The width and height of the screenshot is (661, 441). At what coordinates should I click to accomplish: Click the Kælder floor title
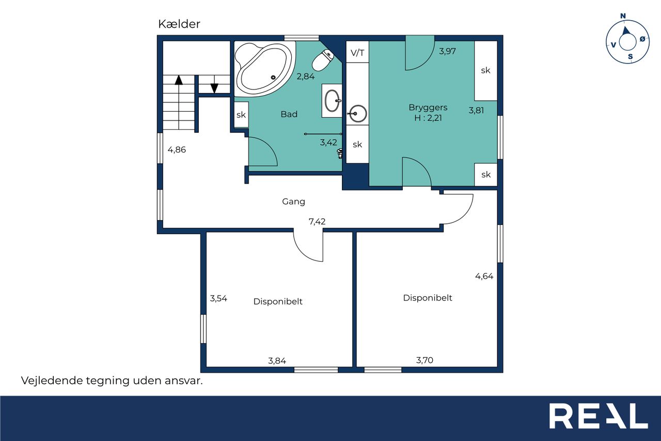pyautogui.click(x=179, y=24)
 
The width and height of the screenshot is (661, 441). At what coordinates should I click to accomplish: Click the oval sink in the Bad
pyautogui.click(x=332, y=101)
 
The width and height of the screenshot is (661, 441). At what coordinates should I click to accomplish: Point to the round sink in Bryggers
pyautogui.click(x=358, y=113)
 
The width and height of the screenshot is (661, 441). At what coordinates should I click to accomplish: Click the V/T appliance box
pyautogui.click(x=357, y=52)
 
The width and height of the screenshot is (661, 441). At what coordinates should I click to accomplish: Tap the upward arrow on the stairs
pyautogui.click(x=179, y=80)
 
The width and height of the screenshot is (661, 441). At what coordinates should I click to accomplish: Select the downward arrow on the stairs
pyautogui.click(x=214, y=88)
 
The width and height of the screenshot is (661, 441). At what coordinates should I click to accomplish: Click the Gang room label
pyautogui.click(x=293, y=202)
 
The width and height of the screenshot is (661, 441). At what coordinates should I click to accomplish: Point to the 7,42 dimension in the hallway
pyautogui.click(x=317, y=221)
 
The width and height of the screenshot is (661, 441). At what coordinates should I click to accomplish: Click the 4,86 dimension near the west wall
pyautogui.click(x=177, y=150)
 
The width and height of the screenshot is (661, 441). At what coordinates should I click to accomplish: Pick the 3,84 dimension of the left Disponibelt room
pyautogui.click(x=277, y=361)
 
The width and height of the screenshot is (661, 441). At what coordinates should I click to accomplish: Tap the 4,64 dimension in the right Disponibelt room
pyautogui.click(x=484, y=276)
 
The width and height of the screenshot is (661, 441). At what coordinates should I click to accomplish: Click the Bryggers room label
pyautogui.click(x=428, y=108)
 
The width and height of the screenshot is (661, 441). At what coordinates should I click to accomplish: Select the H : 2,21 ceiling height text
pyautogui.click(x=428, y=118)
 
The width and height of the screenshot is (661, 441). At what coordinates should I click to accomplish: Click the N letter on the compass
pyautogui.click(x=623, y=16)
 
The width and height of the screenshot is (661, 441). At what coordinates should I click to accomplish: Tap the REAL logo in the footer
pyautogui.click(x=599, y=416)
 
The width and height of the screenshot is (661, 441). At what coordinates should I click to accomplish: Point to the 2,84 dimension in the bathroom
pyautogui.click(x=305, y=77)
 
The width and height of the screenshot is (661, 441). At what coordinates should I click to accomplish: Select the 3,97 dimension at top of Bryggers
pyautogui.click(x=447, y=51)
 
